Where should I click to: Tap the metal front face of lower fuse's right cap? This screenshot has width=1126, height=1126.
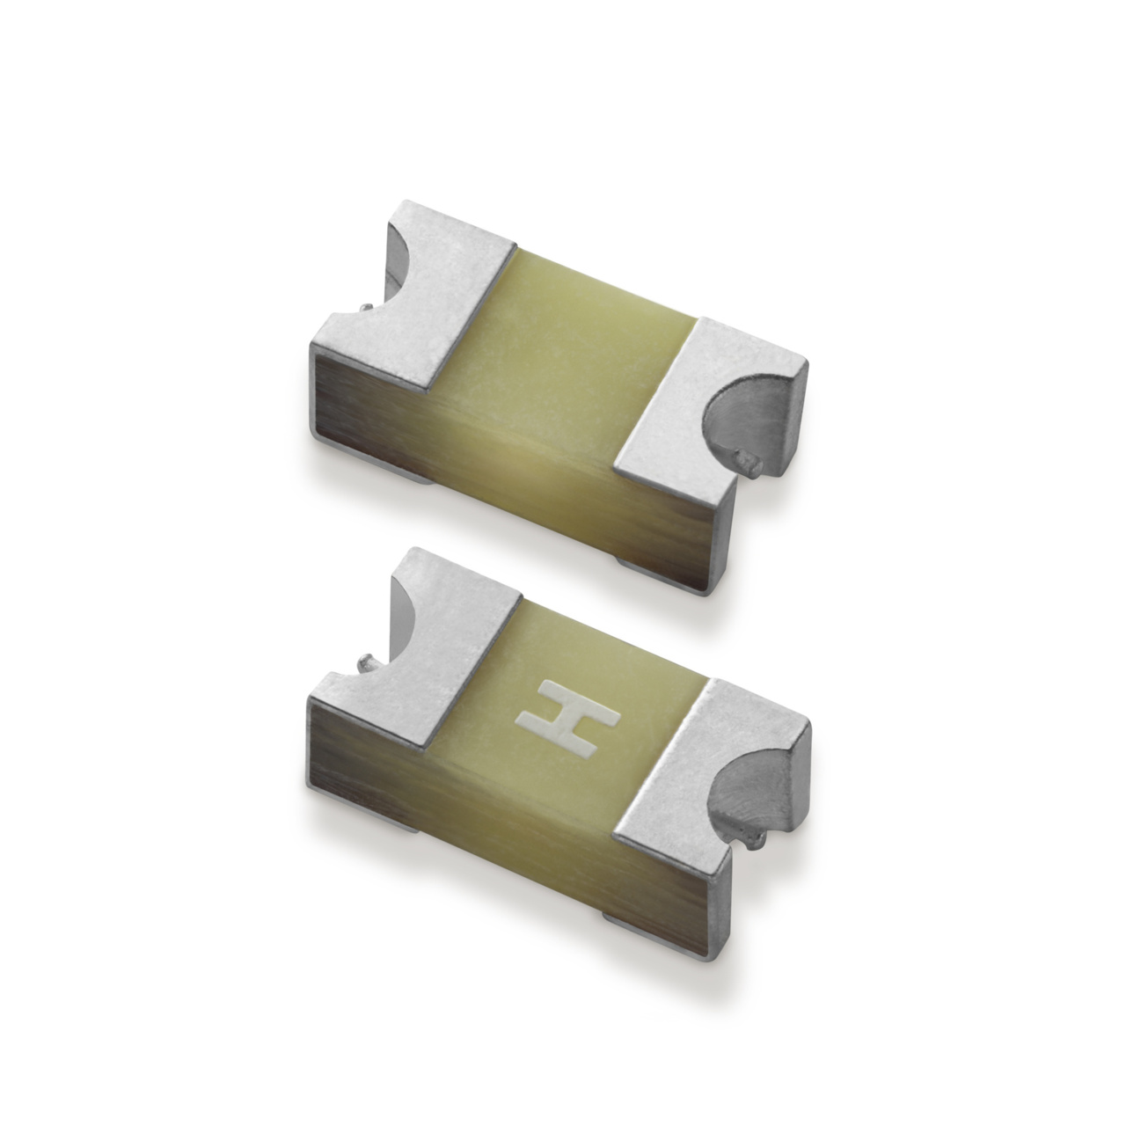(x=677, y=888)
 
